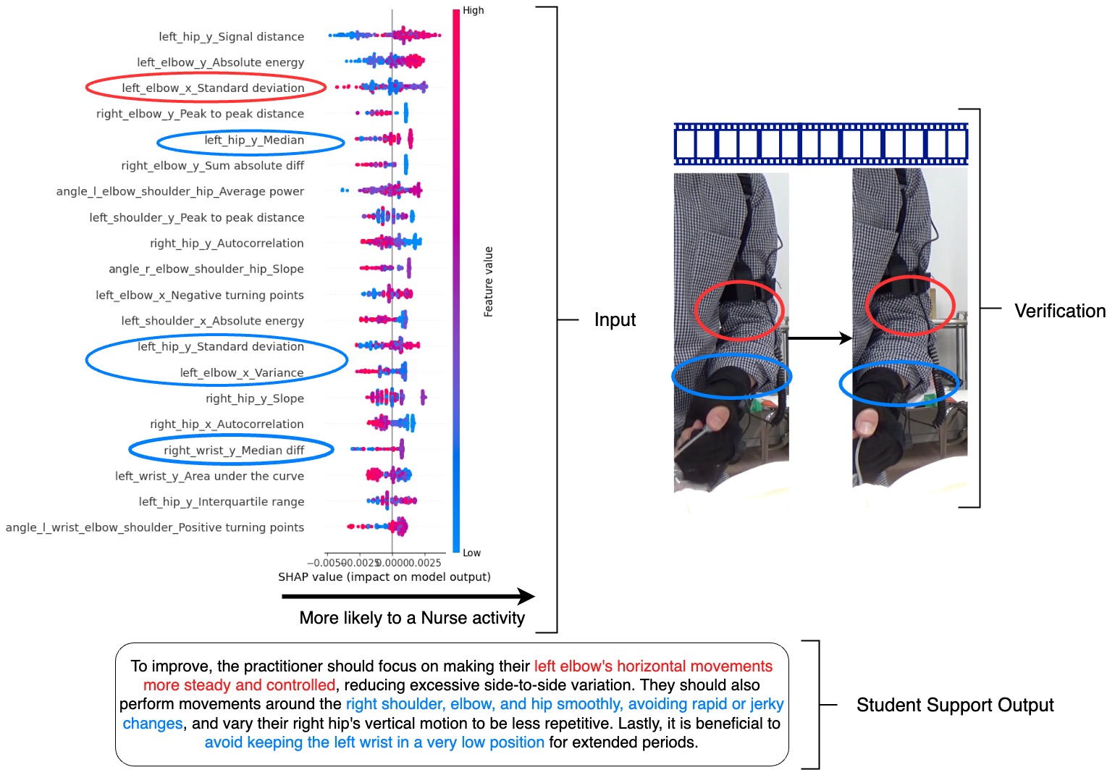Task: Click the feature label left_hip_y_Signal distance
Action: (x=231, y=37)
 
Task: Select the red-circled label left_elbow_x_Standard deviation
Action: (x=212, y=88)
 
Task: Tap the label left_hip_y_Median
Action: (x=253, y=141)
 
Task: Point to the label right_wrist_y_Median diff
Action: (x=233, y=451)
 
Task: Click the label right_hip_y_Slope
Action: (x=254, y=399)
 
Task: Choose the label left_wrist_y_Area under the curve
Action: (x=209, y=477)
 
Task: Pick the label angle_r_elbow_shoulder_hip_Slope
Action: (x=206, y=269)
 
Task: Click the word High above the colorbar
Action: (x=474, y=11)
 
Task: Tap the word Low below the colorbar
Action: (x=471, y=553)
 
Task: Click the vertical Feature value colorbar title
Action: (x=489, y=282)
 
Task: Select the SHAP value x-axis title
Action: (x=384, y=577)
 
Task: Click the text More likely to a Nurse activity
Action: (x=412, y=618)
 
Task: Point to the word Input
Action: (x=615, y=320)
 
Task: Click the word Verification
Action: (x=1060, y=311)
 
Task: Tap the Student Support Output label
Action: (x=955, y=706)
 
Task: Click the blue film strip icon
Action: (x=820, y=144)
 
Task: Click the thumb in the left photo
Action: (x=717, y=419)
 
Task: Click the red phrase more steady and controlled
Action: (x=239, y=685)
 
